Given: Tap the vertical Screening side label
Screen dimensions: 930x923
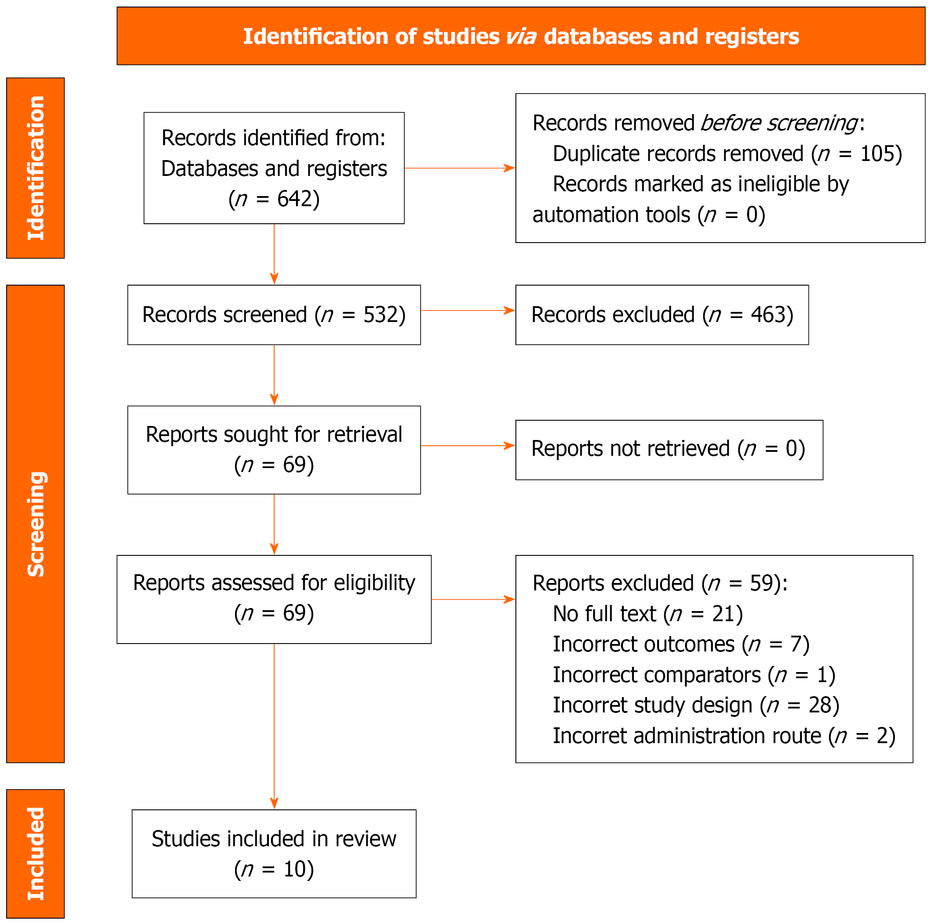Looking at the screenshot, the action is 36,524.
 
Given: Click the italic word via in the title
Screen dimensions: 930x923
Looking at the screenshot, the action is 521,36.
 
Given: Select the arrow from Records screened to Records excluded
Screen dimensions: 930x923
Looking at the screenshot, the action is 468,311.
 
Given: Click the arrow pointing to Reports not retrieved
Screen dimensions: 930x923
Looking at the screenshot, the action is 468,446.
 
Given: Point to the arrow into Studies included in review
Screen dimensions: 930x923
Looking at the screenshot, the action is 274,726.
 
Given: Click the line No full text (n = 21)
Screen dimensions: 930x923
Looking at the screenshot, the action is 648,614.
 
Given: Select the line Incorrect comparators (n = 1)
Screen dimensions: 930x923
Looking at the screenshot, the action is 694,675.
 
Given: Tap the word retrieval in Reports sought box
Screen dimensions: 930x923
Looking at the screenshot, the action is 365,434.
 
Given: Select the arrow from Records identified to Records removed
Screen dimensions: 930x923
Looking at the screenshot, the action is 460,168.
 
